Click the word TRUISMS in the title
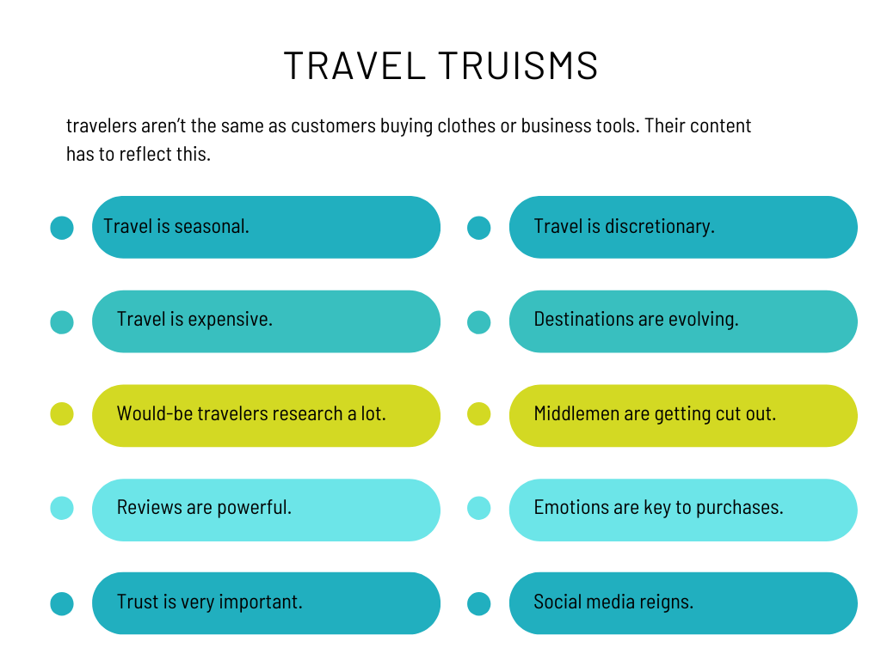pyautogui.click(x=518, y=65)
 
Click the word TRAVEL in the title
pyautogui.click(x=354, y=65)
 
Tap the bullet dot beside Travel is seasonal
pyautogui.click(x=62, y=228)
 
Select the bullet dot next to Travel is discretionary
pyautogui.click(x=478, y=228)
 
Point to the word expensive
pyautogui.click(x=230, y=320)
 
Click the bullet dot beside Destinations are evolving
pyautogui.click(x=478, y=322)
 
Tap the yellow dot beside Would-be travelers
pyautogui.click(x=62, y=414)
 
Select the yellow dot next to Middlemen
pyautogui.click(x=478, y=414)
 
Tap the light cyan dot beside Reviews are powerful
pyautogui.click(x=62, y=508)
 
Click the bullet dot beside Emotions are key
pyautogui.click(x=478, y=508)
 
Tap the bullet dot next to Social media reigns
pyautogui.click(x=478, y=604)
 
